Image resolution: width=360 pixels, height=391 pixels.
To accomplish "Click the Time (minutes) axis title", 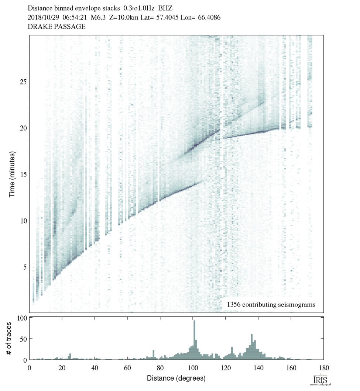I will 12,174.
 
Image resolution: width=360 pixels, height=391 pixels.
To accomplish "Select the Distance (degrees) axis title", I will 176,378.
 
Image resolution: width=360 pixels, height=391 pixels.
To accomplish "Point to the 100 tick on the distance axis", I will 193,367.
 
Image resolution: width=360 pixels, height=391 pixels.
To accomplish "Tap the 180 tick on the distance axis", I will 324,367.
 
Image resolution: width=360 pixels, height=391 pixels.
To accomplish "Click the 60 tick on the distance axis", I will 127,367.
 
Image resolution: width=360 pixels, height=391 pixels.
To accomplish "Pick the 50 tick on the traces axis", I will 23,339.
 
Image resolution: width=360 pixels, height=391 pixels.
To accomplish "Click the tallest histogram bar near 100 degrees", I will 194,340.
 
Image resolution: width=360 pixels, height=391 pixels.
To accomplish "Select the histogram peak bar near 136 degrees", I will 252,347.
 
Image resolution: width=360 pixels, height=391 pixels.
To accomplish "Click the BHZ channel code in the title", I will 165,8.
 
